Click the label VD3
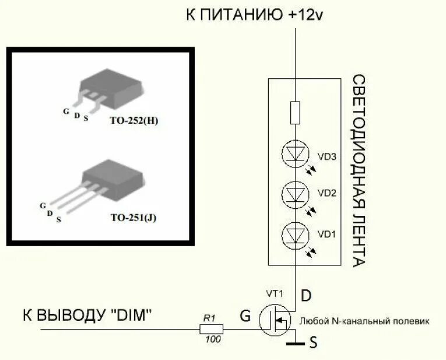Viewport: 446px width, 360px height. click(x=327, y=156)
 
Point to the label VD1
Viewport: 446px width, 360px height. click(x=327, y=235)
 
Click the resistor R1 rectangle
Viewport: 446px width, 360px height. click(x=209, y=328)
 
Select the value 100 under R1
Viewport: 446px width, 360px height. click(x=213, y=340)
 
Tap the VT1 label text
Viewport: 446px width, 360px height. click(x=274, y=293)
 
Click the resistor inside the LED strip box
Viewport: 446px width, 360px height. click(x=296, y=113)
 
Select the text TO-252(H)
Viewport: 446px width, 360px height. click(x=134, y=121)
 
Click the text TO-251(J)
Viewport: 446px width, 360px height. click(x=134, y=218)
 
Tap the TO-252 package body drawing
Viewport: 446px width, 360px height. click(x=111, y=85)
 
